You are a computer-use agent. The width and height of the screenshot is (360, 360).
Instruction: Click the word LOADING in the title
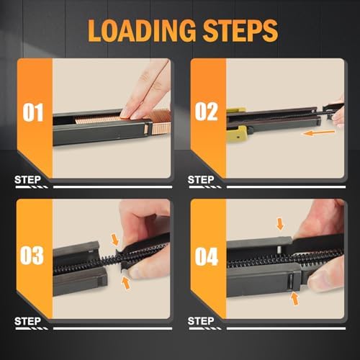pyautogui.click(x=142, y=30)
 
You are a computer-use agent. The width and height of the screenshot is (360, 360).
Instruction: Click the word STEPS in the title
pyautogui.click(x=240, y=30)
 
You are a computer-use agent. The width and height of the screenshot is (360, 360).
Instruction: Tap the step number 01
pyautogui.click(x=33, y=112)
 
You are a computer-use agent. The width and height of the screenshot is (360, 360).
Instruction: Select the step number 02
pyautogui.click(x=206, y=112)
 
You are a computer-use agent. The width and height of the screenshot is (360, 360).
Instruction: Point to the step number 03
pyautogui.click(x=32, y=255)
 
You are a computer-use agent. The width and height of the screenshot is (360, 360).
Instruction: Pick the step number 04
pyautogui.click(x=207, y=256)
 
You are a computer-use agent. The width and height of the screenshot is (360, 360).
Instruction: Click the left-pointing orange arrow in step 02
pyautogui.click(x=318, y=132)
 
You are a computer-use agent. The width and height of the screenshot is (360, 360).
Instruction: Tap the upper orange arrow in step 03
pyautogui.click(x=115, y=240)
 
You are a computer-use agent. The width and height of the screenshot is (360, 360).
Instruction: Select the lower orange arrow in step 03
pyautogui.click(x=126, y=283)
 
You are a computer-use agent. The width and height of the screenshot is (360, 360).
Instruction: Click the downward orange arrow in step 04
pyautogui.click(x=280, y=224)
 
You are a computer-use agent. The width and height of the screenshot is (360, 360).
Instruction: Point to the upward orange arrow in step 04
pyautogui.click(x=294, y=298)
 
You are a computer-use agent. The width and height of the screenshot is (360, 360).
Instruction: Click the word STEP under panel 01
pyautogui.click(x=27, y=180)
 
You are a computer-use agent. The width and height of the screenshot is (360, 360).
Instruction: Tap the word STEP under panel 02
pyautogui.click(x=201, y=180)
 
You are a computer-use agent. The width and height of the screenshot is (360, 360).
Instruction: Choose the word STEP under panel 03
pyautogui.click(x=27, y=321)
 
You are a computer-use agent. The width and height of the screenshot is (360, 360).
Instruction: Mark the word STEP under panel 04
pyautogui.click(x=201, y=321)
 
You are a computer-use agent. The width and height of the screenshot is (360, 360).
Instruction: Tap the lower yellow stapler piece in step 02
pyautogui.click(x=238, y=134)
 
